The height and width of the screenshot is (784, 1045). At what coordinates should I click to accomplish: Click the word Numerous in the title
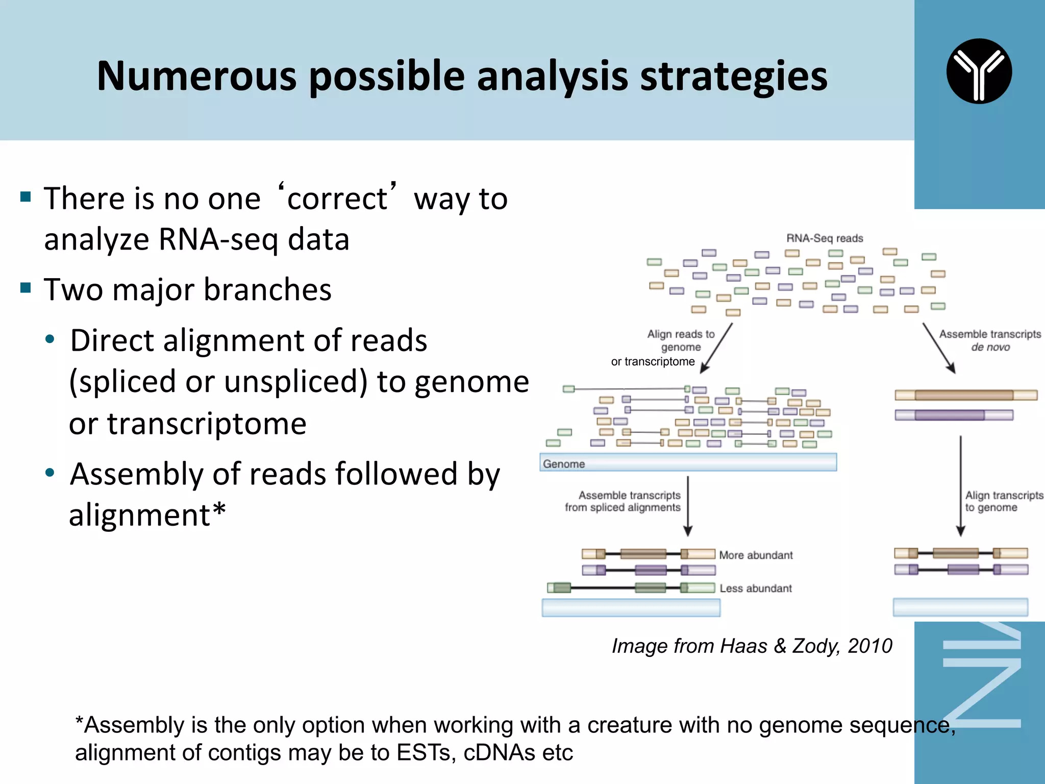(x=196, y=77)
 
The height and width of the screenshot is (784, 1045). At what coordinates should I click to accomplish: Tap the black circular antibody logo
(x=979, y=71)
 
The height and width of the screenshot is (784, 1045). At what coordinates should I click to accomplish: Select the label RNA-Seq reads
(x=825, y=238)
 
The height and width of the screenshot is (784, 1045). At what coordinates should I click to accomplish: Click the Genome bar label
(x=564, y=464)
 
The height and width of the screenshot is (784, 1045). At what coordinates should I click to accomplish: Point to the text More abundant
(x=756, y=555)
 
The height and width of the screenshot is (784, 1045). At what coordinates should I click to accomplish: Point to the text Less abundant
(x=756, y=589)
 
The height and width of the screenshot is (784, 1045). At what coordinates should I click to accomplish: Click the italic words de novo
(x=990, y=348)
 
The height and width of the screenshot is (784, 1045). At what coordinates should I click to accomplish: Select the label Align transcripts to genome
(x=1003, y=501)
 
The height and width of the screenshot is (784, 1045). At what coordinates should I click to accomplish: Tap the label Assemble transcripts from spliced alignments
(x=623, y=501)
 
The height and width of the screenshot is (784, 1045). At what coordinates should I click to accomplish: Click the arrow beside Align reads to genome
(x=716, y=348)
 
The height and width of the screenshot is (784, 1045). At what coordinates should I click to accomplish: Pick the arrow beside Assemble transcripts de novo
(x=939, y=348)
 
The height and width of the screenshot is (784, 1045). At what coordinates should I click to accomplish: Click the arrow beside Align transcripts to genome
(x=961, y=485)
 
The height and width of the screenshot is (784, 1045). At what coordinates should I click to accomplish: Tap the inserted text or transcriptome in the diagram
(x=653, y=362)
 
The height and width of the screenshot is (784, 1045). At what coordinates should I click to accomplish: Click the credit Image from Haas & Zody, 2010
(x=752, y=646)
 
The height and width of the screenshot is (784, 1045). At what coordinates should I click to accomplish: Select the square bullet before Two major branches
(x=26, y=288)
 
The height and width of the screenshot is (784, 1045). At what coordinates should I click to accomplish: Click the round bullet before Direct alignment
(x=49, y=339)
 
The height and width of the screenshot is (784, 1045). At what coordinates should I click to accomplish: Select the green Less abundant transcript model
(x=631, y=588)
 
